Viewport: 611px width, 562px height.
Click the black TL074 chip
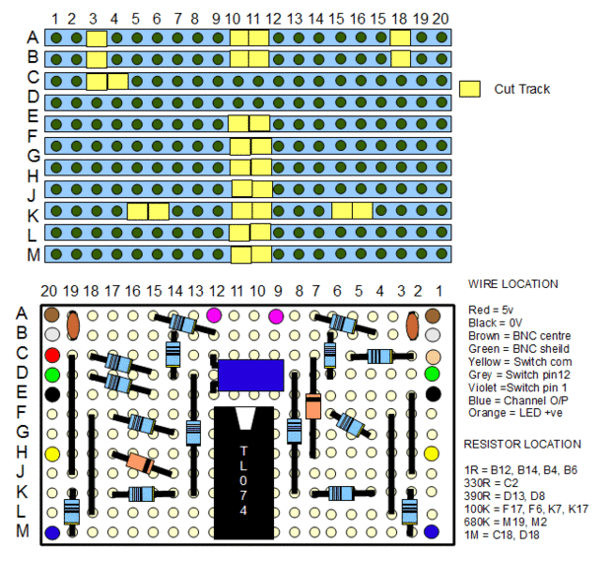(x=244, y=472)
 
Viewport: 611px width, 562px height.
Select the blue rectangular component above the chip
(x=250, y=376)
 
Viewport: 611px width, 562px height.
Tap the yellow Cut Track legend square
(x=469, y=89)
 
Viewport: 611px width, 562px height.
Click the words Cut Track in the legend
(x=521, y=90)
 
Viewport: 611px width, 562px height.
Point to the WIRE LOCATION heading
(x=512, y=284)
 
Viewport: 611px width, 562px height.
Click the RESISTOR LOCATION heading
(x=522, y=444)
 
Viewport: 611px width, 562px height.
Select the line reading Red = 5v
(x=490, y=310)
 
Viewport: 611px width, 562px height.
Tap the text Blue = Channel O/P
(x=517, y=400)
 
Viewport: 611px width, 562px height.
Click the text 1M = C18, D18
(x=502, y=534)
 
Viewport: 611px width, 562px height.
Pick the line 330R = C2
(x=491, y=483)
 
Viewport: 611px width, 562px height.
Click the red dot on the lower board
(x=52, y=355)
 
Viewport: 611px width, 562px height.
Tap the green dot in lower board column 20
(x=52, y=375)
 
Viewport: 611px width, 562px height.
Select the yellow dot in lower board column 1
(x=432, y=454)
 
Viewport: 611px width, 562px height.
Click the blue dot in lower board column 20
(x=52, y=532)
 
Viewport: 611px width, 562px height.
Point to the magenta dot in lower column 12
(x=214, y=315)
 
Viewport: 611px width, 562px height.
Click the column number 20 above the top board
(x=441, y=19)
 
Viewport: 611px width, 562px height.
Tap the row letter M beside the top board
(x=34, y=255)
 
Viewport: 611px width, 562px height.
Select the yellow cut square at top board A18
(x=400, y=38)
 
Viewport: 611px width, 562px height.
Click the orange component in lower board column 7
(x=313, y=406)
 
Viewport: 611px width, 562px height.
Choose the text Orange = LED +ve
(x=515, y=413)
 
